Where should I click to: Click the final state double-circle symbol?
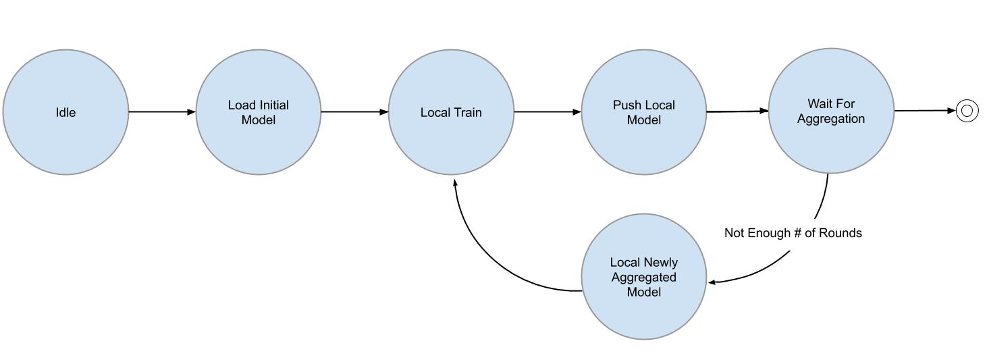[x=966, y=111]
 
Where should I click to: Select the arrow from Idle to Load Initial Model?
[x=162, y=112]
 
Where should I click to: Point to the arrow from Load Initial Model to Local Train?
[x=354, y=112]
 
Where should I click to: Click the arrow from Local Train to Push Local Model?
[x=548, y=112]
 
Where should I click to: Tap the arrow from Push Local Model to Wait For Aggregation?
[x=737, y=111]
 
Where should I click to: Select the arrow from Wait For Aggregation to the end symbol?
[x=925, y=111]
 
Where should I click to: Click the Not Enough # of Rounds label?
[x=793, y=233]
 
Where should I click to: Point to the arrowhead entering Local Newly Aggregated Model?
[x=712, y=282]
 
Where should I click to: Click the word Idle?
[x=65, y=113]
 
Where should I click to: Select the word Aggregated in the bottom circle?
[x=643, y=278]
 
